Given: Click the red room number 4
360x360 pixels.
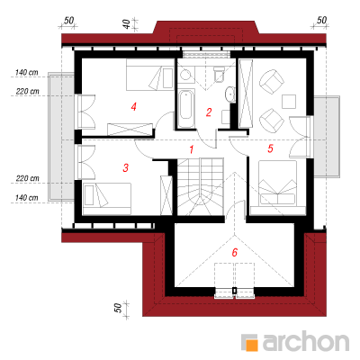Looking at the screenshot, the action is (134, 106).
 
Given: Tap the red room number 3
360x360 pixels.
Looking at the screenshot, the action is (126, 168).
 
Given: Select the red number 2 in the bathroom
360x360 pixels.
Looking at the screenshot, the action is (209, 112).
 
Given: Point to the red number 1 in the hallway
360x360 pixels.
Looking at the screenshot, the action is (192, 149).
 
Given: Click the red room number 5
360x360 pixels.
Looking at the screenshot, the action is (270, 148).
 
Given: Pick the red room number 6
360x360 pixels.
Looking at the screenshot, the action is (235, 252).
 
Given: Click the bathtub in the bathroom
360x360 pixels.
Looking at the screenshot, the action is (185, 108).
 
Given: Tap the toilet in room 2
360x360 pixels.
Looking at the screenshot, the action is (219, 74).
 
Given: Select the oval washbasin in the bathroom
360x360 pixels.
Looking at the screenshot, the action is (229, 94).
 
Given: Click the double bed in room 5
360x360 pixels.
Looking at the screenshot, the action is (277, 183).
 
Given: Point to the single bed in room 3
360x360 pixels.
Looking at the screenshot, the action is (107, 199).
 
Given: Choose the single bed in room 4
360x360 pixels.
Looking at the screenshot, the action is (150, 74).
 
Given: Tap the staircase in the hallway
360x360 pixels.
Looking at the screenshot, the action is (201, 186).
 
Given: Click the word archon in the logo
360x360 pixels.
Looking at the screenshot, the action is (306, 341).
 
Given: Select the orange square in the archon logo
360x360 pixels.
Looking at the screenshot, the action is (251, 346).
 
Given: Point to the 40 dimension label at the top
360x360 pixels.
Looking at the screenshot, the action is (127, 24).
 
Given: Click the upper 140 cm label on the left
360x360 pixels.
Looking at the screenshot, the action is (27, 73).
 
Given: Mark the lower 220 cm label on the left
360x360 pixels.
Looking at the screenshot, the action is (28, 178).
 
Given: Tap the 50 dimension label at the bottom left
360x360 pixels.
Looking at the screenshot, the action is (119, 308).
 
